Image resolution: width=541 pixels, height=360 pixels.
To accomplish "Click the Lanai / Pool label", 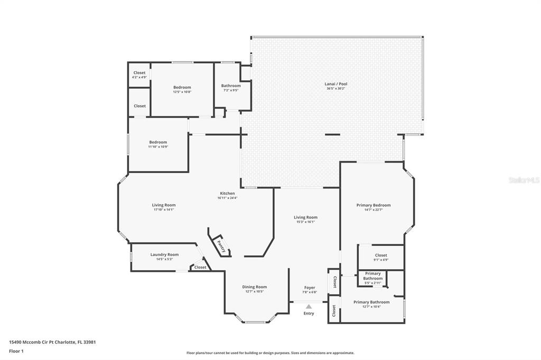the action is pos(335,84).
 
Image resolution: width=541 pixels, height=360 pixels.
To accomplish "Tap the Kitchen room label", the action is pos(227,193).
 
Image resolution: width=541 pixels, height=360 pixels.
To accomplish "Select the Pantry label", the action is pos(221,245).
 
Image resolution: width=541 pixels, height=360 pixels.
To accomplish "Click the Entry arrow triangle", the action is pos(309,306).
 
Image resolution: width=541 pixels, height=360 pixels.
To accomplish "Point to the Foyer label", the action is pos(310,288).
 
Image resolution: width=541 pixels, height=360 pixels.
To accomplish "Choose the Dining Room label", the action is pos(254,287).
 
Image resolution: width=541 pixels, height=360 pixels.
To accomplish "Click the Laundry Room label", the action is pos(165,254).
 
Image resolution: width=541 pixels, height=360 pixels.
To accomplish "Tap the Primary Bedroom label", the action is pos(374,205).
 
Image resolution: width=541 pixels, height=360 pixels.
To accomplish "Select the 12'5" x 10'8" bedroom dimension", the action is pos(182,92).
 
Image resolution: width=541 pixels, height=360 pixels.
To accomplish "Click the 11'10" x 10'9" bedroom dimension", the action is pos(158,147).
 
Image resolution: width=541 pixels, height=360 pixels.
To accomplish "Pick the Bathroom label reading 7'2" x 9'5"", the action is pos(231,86).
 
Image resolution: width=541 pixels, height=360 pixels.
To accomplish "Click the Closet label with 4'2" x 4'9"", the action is pos(139,73).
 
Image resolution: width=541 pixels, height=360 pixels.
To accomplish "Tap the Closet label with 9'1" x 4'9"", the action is pos(381,255).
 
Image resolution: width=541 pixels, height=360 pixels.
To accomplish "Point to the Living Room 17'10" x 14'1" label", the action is pos(164,205).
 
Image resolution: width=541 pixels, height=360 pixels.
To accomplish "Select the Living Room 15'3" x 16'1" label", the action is pos(306,217).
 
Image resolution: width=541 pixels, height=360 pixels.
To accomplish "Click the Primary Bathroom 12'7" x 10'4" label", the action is pos(371,302).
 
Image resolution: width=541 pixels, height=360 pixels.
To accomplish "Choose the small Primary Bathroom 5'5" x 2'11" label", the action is pos(373,276).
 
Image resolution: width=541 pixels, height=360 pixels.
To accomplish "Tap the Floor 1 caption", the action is pos(16,352).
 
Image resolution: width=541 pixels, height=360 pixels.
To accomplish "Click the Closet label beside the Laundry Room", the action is pos(200,267).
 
